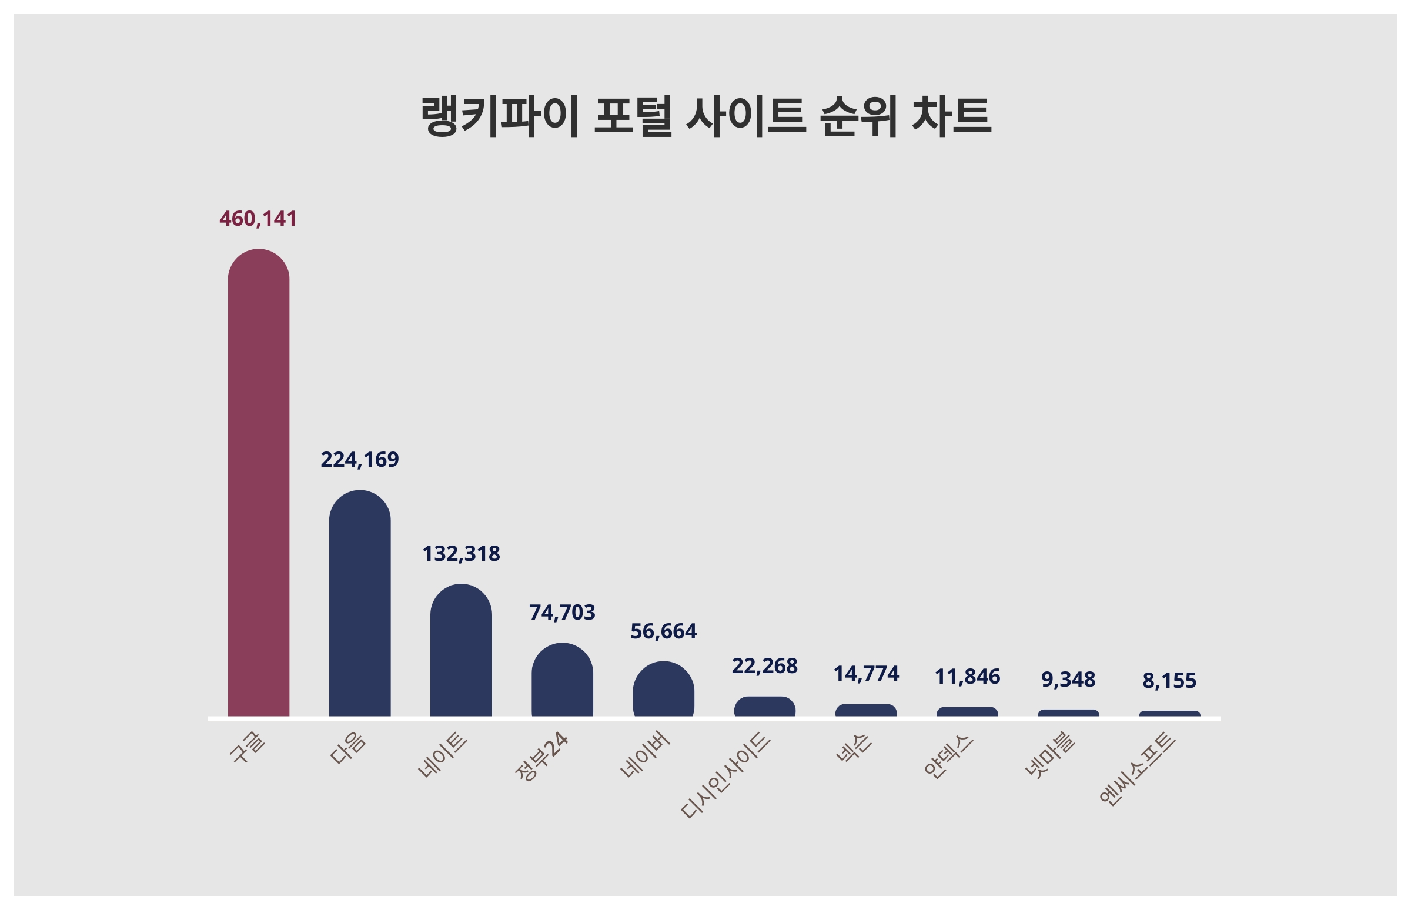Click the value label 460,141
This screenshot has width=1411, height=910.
point(258,219)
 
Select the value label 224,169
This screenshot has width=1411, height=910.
point(359,460)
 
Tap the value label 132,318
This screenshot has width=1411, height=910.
point(460,554)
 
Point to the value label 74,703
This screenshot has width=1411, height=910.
point(562,612)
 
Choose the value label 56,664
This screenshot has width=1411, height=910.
point(663,631)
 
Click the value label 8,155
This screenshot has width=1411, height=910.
point(1169,680)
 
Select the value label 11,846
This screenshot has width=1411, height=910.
point(967,677)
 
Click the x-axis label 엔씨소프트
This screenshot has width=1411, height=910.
point(1138,768)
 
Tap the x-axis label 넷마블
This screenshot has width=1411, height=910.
point(1049,755)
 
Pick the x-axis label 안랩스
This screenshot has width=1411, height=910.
point(948,756)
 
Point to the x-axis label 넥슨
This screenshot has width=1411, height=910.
point(854,748)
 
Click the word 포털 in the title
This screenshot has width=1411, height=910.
point(633,116)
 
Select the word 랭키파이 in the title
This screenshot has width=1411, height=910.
point(499,116)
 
